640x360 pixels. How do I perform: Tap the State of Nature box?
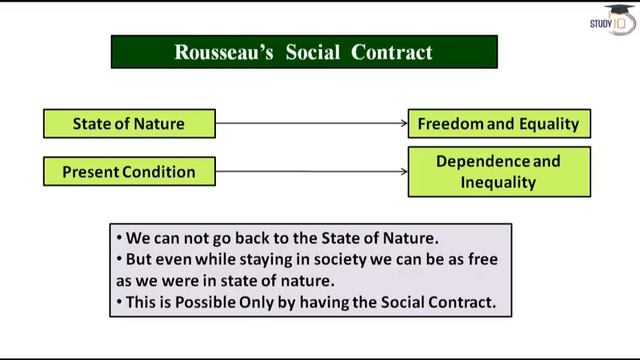coord(129,124)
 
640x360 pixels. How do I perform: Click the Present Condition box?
coord(129,172)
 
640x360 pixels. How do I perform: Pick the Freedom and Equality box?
coord(499,124)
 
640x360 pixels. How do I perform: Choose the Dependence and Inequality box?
coord(499,172)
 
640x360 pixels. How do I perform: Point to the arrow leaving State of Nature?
coord(311,124)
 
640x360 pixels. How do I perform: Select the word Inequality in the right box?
coord(499,183)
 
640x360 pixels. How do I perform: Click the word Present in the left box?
coord(92,172)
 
